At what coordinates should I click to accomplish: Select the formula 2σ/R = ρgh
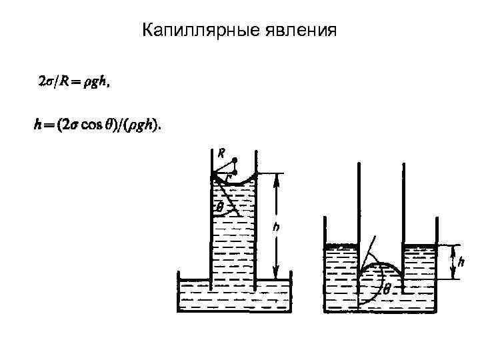[x=73, y=83]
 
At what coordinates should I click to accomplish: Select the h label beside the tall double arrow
[x=276, y=227]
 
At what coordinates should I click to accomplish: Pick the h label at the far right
[x=461, y=262]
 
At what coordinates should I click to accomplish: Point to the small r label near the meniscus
[x=228, y=177]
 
